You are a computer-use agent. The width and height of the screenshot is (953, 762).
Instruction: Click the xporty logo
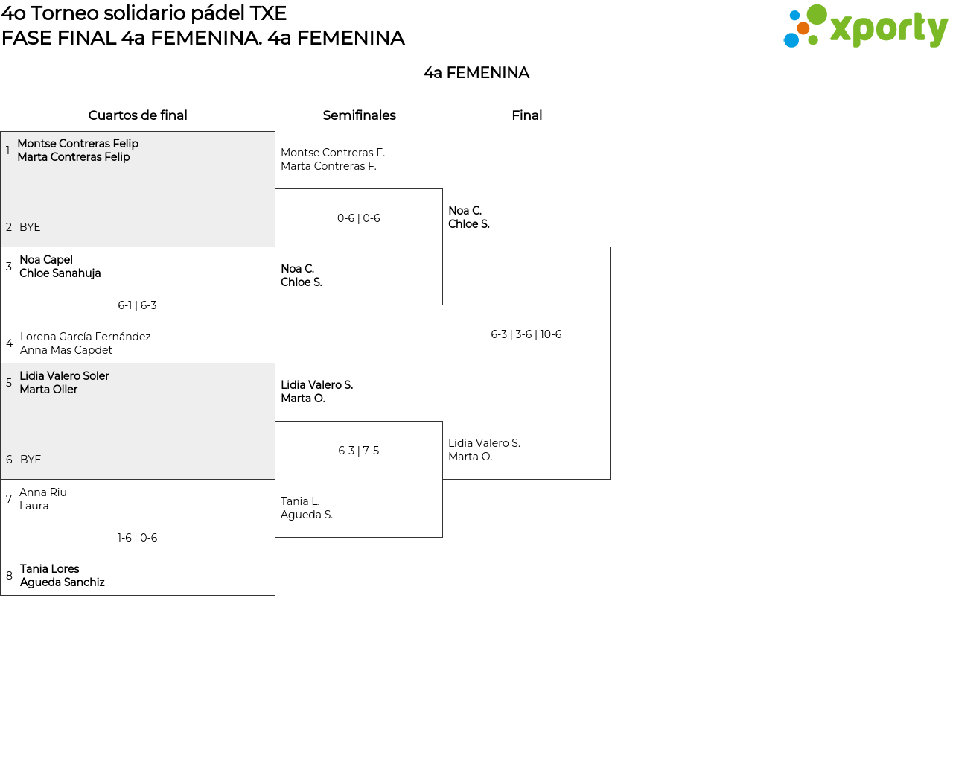[x=865, y=25]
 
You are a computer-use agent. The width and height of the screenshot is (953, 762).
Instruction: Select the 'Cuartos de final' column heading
[x=138, y=115]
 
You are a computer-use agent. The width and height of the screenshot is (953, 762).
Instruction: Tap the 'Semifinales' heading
[x=359, y=115]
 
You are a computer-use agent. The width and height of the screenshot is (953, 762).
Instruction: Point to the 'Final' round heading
[x=526, y=115]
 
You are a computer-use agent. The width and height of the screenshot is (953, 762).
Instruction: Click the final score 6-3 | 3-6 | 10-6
[x=526, y=334]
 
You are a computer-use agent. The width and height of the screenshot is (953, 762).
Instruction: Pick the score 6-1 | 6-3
[x=137, y=305]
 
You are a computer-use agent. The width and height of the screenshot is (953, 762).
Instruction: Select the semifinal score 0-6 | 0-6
[x=358, y=218]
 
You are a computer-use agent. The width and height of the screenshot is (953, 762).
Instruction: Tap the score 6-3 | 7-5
[x=358, y=451]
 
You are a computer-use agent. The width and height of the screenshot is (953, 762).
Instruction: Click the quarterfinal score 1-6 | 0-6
[x=137, y=537]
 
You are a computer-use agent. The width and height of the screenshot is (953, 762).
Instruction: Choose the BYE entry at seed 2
[x=30, y=227]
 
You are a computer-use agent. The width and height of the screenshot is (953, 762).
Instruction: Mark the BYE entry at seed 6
[x=31, y=460]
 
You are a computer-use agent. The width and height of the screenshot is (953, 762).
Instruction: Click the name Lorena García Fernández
[x=86, y=337]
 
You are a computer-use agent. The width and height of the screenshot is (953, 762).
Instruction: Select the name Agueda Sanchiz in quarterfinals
[x=62, y=582]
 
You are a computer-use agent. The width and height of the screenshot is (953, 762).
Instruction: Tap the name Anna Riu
[x=43, y=492]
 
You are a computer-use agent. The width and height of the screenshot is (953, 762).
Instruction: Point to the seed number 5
[x=9, y=383]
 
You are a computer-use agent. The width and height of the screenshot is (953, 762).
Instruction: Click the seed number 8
[x=9, y=576]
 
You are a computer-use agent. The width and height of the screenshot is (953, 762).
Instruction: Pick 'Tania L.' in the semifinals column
[x=300, y=501]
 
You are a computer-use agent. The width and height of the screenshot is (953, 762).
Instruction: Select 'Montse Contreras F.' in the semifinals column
[x=333, y=153]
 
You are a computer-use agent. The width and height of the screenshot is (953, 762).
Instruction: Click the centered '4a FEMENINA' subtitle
[x=476, y=73]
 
